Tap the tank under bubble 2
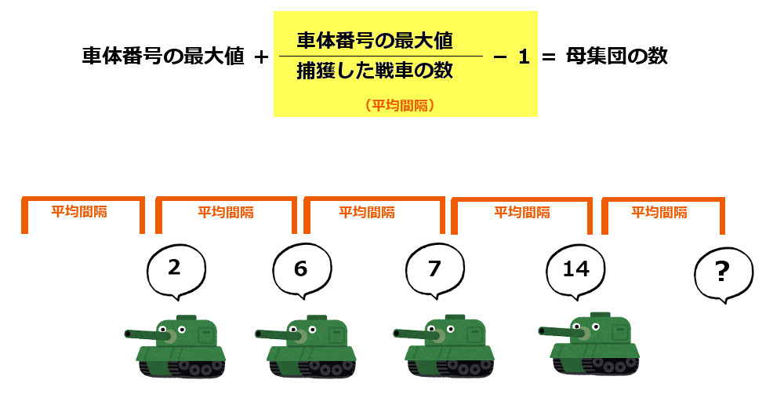[x=175, y=346]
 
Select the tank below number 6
[x=306, y=346]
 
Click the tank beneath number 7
[x=444, y=346]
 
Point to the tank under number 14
[x=589, y=344]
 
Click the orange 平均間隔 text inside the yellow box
[x=400, y=105]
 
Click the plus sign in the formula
[x=261, y=57]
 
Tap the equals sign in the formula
[x=549, y=57]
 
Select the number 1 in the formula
[x=524, y=57]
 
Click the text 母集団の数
[x=616, y=56]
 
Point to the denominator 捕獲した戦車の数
[x=375, y=71]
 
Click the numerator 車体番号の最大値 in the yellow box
[x=375, y=41]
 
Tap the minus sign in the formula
[x=500, y=57]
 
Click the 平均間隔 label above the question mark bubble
[x=659, y=212]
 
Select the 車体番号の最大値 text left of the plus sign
[x=163, y=56]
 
